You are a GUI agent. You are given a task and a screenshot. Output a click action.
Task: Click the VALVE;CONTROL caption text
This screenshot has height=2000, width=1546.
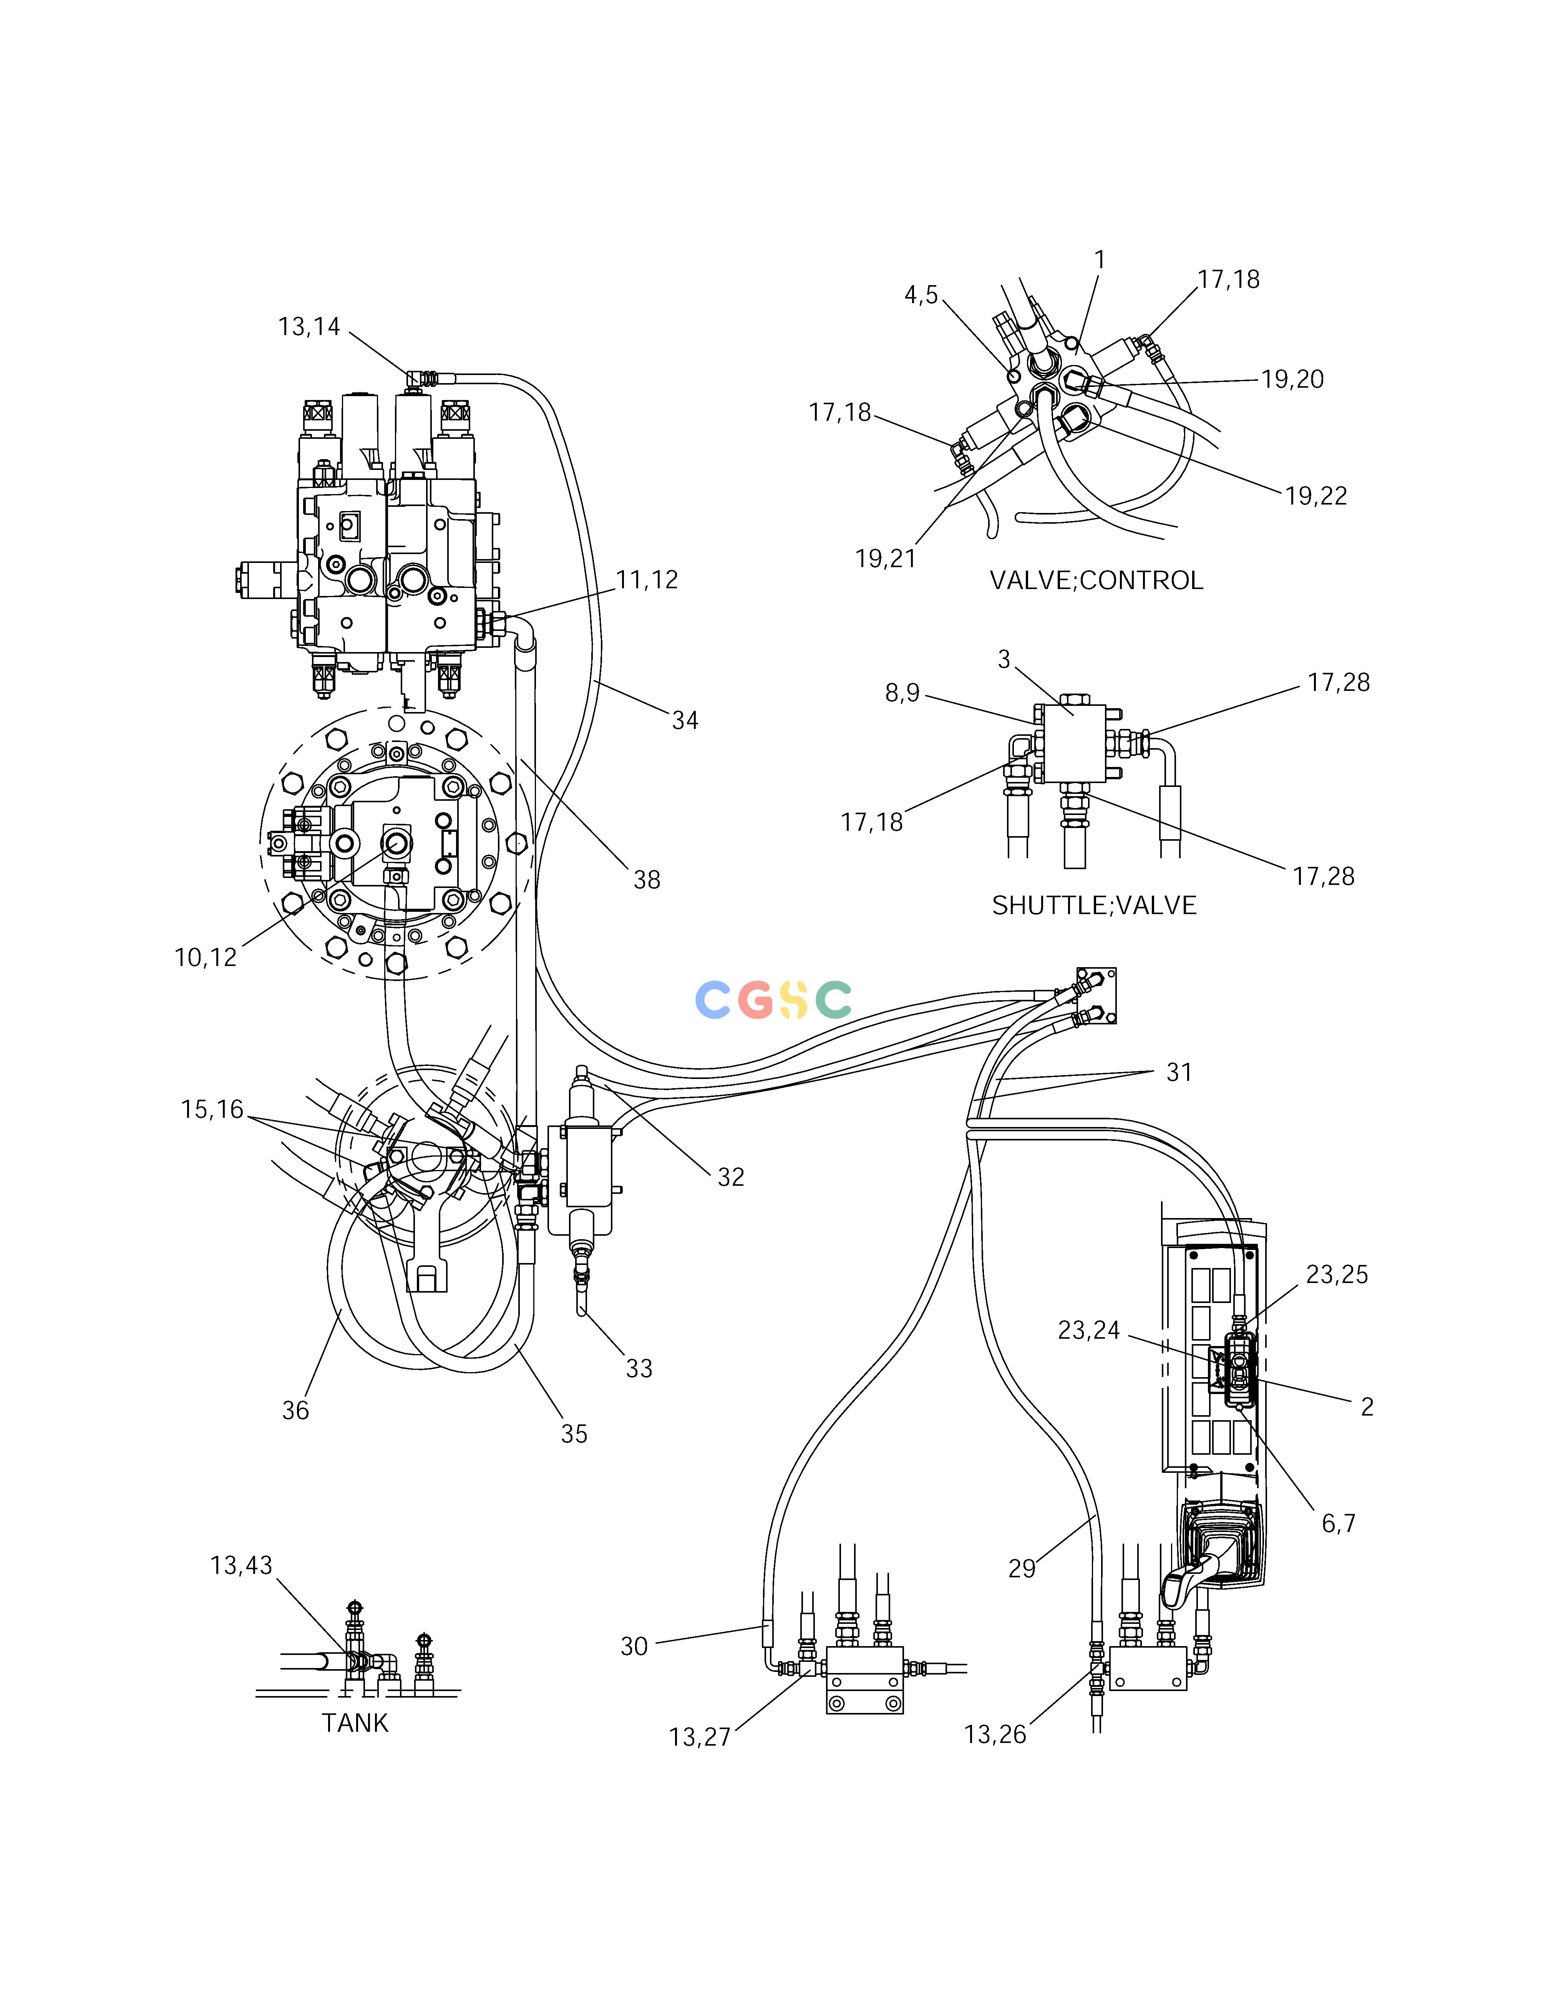(x=1096, y=581)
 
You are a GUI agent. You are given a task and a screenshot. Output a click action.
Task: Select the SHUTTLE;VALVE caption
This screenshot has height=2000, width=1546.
(x=1095, y=906)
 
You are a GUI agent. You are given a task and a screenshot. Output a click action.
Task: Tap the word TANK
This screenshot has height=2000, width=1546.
(x=355, y=1723)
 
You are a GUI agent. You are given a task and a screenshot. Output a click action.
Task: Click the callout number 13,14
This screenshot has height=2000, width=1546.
(x=310, y=327)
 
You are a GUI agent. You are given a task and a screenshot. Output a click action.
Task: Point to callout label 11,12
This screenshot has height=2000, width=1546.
(x=647, y=580)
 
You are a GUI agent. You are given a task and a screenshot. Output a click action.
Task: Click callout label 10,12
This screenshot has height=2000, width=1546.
(x=206, y=958)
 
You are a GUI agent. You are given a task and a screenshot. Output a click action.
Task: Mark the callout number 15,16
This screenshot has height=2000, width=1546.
(x=212, y=1110)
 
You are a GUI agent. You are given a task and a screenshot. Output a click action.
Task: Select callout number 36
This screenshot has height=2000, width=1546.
(x=295, y=1411)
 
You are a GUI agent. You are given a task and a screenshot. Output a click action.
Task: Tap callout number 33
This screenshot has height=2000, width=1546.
(x=639, y=1369)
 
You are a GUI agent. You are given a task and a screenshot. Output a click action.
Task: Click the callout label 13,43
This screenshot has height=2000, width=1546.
(x=242, y=1566)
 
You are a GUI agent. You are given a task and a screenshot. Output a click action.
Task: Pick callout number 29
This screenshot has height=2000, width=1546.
(x=1022, y=1568)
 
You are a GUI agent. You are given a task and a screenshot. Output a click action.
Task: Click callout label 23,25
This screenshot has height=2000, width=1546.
(x=1337, y=1275)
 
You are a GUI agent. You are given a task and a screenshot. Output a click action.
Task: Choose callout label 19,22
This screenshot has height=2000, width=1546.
(x=1316, y=496)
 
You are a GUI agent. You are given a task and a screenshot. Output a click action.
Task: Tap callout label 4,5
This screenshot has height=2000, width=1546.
(x=921, y=295)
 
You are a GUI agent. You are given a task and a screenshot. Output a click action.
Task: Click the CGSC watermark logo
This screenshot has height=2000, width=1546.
(x=774, y=1000)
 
